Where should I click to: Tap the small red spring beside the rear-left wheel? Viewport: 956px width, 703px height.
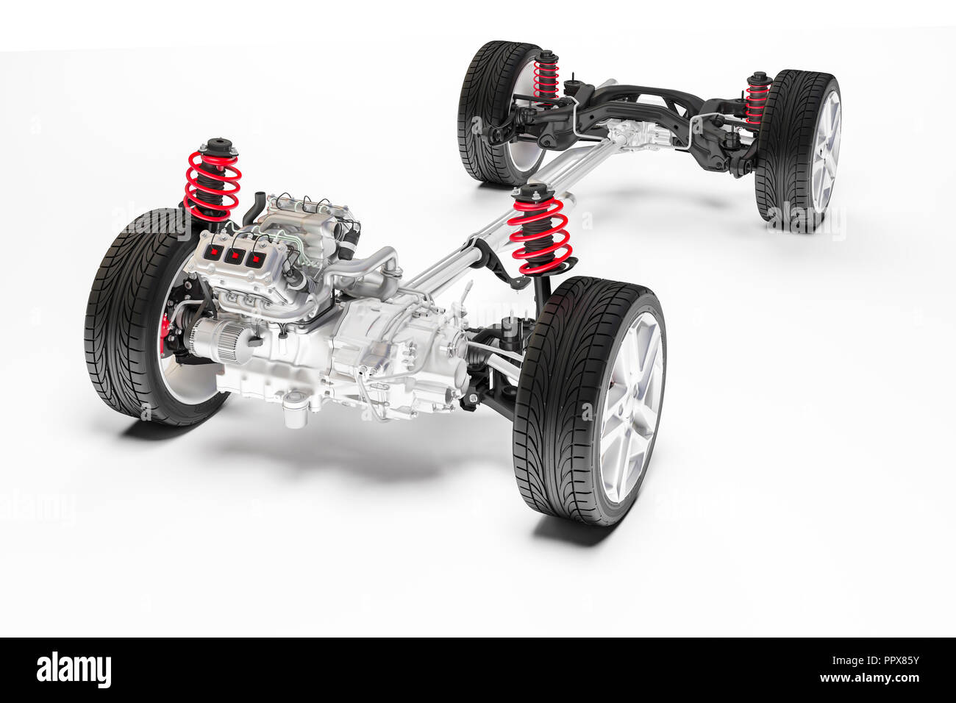(546, 77)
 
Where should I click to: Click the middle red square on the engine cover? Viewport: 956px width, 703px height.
(235, 255)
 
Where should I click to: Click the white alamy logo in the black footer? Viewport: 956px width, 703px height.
(74, 670)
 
